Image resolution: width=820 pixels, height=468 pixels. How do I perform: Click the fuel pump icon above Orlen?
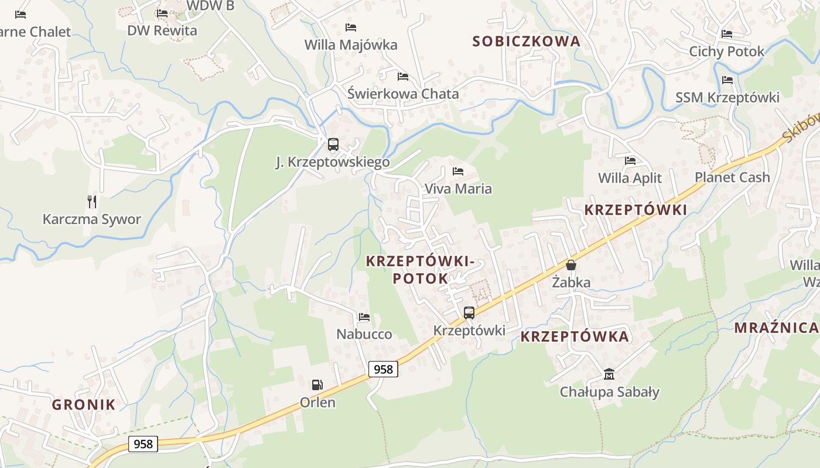tap(317, 385)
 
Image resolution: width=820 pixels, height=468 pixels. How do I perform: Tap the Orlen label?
tap(317, 402)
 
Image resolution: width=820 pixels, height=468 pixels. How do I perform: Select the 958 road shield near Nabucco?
tap(383, 369)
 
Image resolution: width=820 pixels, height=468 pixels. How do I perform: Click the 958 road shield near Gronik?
tap(143, 444)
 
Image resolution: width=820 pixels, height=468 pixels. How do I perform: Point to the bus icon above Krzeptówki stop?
tap(469, 312)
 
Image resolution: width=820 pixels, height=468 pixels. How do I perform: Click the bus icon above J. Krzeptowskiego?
tap(333, 144)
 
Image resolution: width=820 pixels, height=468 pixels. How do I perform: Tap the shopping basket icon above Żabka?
tap(571, 265)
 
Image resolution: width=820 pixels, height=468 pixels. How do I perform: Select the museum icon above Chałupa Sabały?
tap(609, 374)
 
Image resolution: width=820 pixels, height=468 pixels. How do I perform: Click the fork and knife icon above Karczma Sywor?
tap(92, 202)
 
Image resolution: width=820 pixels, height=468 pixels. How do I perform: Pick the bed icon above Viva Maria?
tap(458, 171)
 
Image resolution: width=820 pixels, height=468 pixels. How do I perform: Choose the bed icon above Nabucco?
tap(364, 317)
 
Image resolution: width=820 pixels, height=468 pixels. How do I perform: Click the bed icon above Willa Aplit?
tap(630, 160)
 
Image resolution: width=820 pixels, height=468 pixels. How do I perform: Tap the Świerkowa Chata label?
tap(403, 94)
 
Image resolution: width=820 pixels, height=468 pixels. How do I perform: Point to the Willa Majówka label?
tap(351, 44)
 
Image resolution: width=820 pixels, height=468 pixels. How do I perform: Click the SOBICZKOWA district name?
tap(526, 41)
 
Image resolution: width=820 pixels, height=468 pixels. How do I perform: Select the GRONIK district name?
tap(84, 404)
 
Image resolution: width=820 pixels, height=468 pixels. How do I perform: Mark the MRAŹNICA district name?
tap(776, 328)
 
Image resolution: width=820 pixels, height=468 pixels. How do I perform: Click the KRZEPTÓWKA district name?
tap(575, 336)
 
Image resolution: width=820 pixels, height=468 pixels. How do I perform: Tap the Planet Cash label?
tap(732, 177)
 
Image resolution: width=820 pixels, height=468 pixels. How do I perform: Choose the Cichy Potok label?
tap(727, 51)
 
